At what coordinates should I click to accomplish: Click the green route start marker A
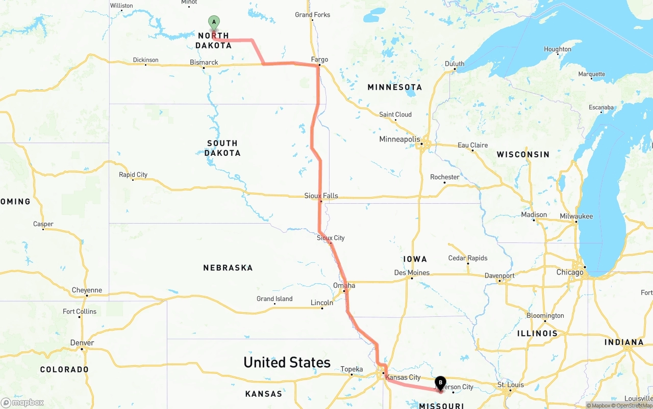tap(214, 22)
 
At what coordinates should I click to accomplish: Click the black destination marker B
tap(440, 383)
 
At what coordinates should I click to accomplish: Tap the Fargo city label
tap(319, 60)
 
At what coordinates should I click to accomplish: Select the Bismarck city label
tap(204, 62)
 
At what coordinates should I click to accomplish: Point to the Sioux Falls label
tap(321, 196)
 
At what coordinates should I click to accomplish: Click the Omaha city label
tap(344, 285)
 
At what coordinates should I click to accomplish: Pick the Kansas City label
tap(403, 377)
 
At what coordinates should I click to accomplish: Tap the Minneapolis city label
tap(399, 139)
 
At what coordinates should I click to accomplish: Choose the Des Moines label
tap(412, 272)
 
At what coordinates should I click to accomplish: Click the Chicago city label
tap(569, 272)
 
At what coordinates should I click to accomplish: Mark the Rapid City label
tap(133, 175)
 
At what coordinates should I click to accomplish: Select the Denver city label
tap(82, 343)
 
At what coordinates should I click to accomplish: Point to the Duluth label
tap(455, 64)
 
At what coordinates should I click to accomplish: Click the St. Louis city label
tap(510, 385)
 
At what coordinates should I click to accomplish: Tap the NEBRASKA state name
tap(228, 267)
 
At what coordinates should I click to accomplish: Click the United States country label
tap(287, 362)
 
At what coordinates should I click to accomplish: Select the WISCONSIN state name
tap(523, 154)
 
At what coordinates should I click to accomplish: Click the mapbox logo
tap(22, 402)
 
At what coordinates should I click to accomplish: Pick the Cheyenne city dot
tap(87, 296)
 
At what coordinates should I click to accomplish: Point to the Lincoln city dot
tap(322, 308)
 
